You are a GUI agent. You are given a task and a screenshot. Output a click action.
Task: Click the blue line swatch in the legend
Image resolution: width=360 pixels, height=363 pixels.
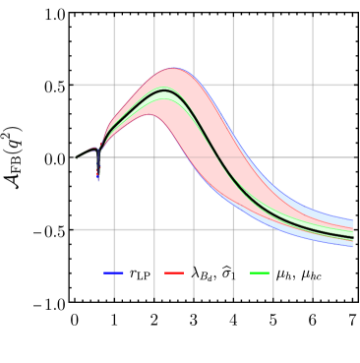pyautogui.click(x=113, y=272)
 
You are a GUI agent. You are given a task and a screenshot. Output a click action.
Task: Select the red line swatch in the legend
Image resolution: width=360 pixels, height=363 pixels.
pyautogui.click(x=174, y=272)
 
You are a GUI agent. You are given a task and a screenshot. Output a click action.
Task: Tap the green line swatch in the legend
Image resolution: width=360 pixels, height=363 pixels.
pyautogui.click(x=260, y=272)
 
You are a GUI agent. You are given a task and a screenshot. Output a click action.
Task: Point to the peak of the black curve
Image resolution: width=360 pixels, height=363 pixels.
pyautogui.click(x=165, y=90)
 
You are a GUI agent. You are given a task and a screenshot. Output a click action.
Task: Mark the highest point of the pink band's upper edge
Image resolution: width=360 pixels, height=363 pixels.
pyautogui.click(x=173, y=68)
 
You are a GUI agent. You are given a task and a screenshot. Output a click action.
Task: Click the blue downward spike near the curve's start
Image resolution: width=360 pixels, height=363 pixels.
pyautogui.click(x=97, y=178)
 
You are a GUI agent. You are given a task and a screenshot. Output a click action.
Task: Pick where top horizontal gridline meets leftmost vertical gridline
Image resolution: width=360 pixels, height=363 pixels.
pyautogui.click(x=114, y=85)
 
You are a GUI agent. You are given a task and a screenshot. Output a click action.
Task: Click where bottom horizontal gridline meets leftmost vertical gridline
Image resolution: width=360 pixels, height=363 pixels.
pyautogui.click(x=114, y=229)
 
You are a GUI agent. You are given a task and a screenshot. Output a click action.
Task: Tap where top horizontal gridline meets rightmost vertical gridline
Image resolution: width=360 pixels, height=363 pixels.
pyautogui.click(x=313, y=85)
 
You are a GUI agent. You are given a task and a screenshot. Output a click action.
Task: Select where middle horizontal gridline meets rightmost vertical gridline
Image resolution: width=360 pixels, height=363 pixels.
pyautogui.click(x=313, y=157)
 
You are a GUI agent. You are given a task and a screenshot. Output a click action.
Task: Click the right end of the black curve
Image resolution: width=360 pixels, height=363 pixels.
pyautogui.click(x=353, y=237)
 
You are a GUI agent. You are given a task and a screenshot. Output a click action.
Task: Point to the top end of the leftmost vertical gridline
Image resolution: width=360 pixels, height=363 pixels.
pyautogui.click(x=114, y=18)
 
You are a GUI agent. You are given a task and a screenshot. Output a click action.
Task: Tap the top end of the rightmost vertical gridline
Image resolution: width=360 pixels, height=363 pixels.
pyautogui.click(x=313, y=18)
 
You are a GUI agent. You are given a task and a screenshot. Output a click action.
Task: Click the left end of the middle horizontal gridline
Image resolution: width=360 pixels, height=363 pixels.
pyautogui.click(x=74, y=157)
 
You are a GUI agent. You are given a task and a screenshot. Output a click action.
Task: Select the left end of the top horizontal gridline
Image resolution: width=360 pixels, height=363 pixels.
pyautogui.click(x=74, y=85)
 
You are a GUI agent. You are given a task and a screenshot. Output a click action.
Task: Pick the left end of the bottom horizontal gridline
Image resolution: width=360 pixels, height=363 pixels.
pyautogui.click(x=74, y=229)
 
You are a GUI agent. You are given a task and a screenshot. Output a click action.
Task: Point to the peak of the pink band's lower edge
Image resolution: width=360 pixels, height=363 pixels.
pyautogui.click(x=151, y=114)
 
